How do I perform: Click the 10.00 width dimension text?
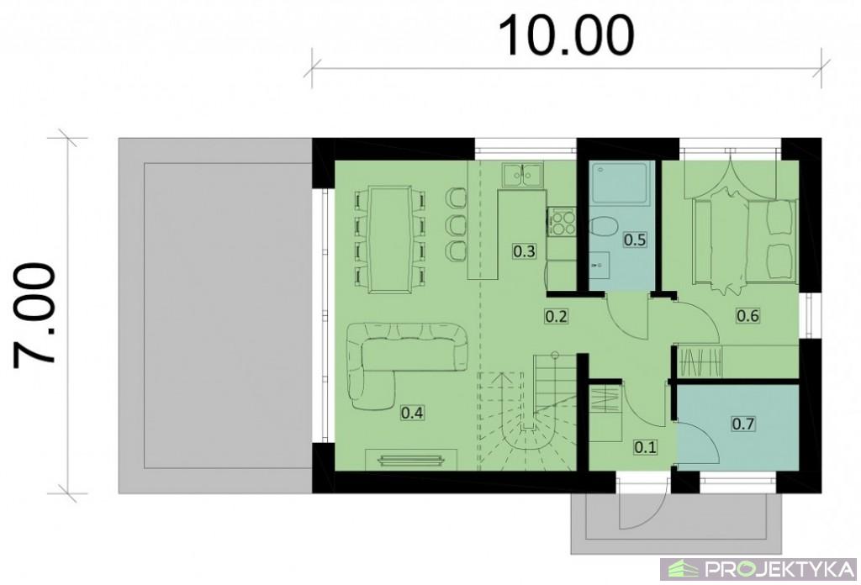(566, 35)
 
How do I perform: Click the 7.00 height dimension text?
(34, 315)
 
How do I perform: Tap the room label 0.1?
(645, 447)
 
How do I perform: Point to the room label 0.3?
(524, 251)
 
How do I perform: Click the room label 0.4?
(412, 413)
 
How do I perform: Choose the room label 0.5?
(635, 240)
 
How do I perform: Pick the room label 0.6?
(747, 315)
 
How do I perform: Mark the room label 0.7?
(743, 424)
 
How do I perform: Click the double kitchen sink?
(521, 175)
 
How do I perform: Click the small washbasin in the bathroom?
(600, 266)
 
